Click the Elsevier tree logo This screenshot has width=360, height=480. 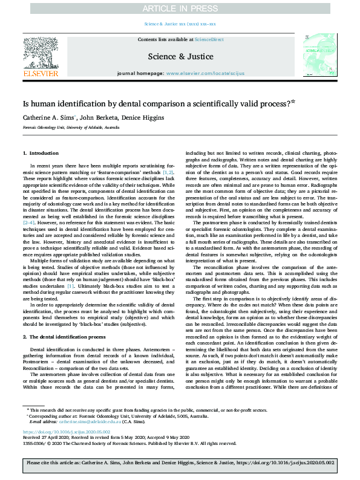(x=40, y=53)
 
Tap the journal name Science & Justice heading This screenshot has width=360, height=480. (x=180, y=57)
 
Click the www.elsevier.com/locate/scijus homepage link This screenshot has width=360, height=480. (x=198, y=73)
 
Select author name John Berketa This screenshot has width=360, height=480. (x=96, y=117)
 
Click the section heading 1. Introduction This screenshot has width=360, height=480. (x=41, y=154)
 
